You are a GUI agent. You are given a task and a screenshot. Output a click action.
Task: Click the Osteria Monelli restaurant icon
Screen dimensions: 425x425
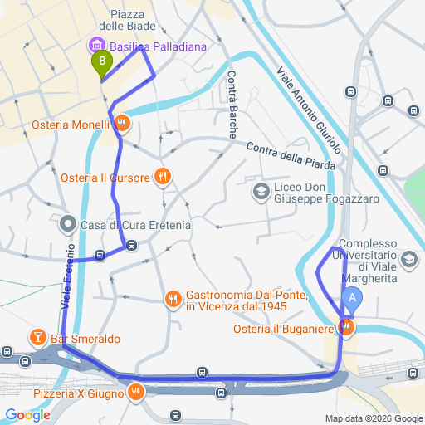(122, 124)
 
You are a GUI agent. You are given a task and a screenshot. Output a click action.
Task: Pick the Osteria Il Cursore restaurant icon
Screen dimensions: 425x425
(163, 176)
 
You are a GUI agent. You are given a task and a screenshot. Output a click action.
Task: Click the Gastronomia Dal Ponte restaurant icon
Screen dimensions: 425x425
(173, 297)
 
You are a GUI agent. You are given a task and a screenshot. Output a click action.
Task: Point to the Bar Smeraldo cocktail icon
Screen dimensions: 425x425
(37, 337)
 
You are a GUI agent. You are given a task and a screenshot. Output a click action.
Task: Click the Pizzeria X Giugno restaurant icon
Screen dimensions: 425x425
(134, 391)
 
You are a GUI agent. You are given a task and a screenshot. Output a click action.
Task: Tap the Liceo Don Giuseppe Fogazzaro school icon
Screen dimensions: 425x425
(261, 192)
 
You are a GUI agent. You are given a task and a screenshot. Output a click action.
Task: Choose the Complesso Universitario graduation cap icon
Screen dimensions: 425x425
(408, 261)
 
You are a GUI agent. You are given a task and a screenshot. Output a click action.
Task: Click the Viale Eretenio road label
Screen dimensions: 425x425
(67, 278)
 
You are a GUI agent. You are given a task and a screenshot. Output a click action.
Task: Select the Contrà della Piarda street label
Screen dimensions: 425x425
(291, 155)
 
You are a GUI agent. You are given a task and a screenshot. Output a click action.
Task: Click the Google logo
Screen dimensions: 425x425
(27, 415)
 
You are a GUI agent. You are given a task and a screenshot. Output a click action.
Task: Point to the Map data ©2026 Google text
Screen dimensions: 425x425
(373, 418)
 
